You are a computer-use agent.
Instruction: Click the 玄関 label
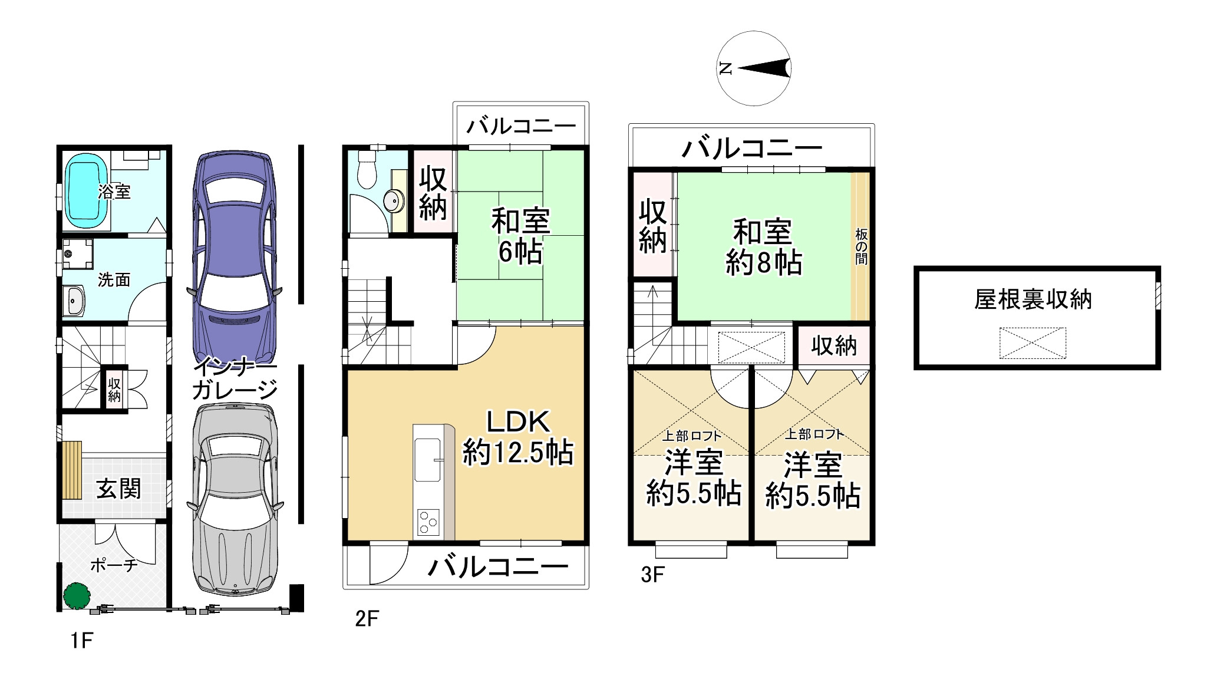[119, 489]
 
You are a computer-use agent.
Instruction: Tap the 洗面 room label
[114, 279]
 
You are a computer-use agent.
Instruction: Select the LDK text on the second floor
[518, 422]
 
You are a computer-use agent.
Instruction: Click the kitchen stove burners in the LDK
[428, 522]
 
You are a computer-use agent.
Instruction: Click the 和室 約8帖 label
[763, 248]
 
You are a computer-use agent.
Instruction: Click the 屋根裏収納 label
[1033, 300]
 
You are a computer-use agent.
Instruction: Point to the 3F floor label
[653, 575]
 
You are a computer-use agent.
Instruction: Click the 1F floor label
[82, 640]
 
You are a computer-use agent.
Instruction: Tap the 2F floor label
[367, 619]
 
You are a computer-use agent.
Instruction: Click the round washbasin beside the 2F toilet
[393, 201]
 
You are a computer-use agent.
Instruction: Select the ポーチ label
[114, 565]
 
